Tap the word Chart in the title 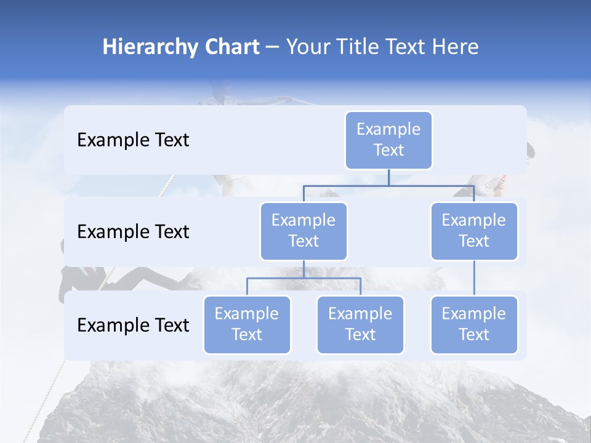[230, 47]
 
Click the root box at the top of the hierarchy [388, 140]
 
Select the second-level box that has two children [304, 231]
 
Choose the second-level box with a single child [474, 231]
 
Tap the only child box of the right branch [474, 324]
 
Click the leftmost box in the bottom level [247, 324]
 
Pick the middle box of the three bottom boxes [360, 324]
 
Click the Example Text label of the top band [133, 140]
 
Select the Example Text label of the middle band [133, 232]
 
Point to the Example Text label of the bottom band [133, 325]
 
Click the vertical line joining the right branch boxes [474, 278]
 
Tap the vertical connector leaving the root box [388, 177]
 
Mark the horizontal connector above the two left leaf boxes [304, 278]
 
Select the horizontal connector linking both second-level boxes [388, 185]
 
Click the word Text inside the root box [388, 150]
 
